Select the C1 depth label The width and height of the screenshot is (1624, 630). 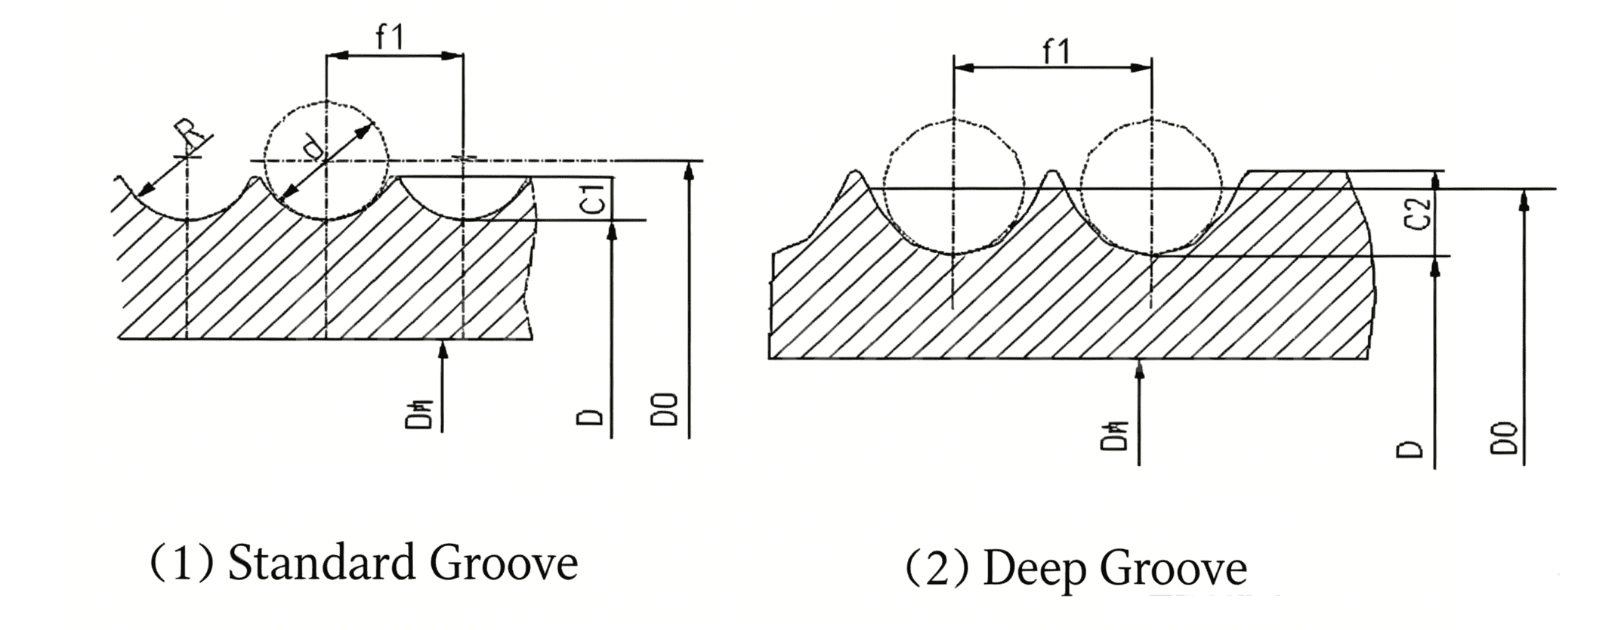tap(594, 198)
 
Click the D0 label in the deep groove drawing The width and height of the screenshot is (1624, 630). tap(1504, 438)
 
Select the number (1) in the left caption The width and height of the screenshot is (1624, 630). tap(181, 564)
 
